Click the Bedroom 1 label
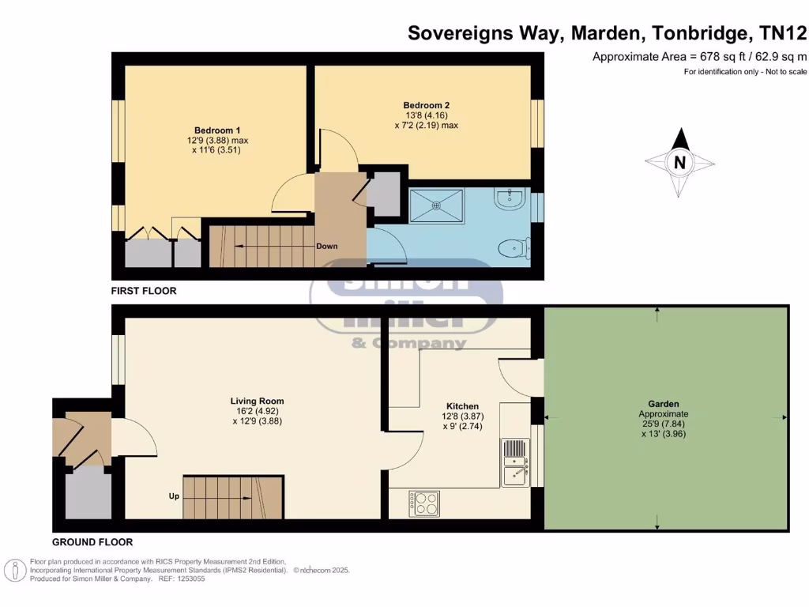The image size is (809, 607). [x=217, y=130]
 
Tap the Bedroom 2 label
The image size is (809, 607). [x=426, y=105]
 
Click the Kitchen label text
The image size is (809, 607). [x=462, y=406]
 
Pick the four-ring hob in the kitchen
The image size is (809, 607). [x=424, y=503]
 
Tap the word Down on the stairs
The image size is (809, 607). [x=327, y=247]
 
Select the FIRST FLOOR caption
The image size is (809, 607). [x=144, y=291]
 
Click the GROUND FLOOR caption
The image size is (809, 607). [x=92, y=542]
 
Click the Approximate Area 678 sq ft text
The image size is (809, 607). [x=699, y=56]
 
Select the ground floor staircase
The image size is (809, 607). [x=233, y=496]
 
